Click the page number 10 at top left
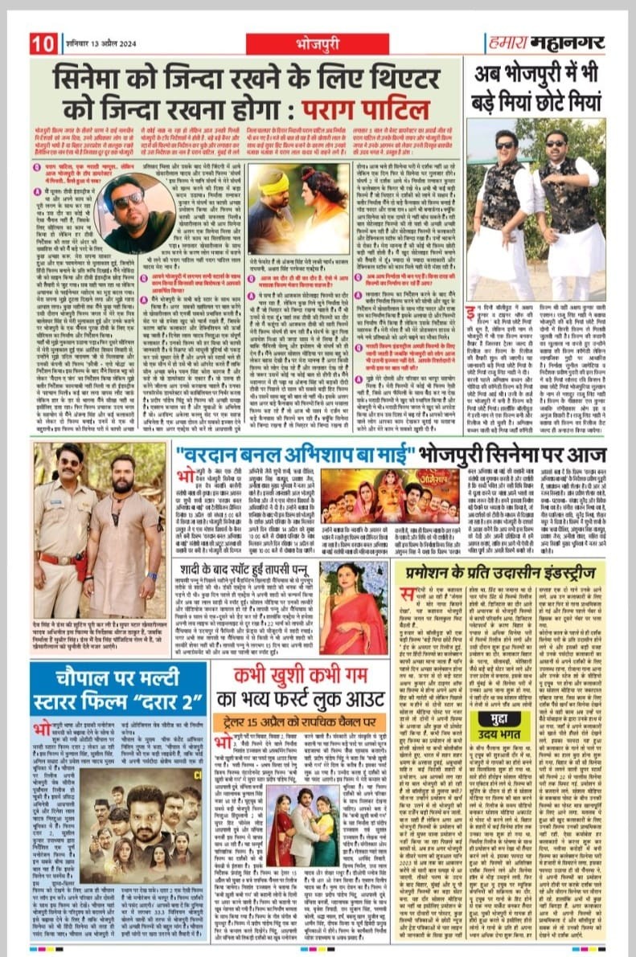(x=43, y=42)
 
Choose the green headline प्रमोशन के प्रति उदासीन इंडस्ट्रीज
(x=511, y=572)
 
